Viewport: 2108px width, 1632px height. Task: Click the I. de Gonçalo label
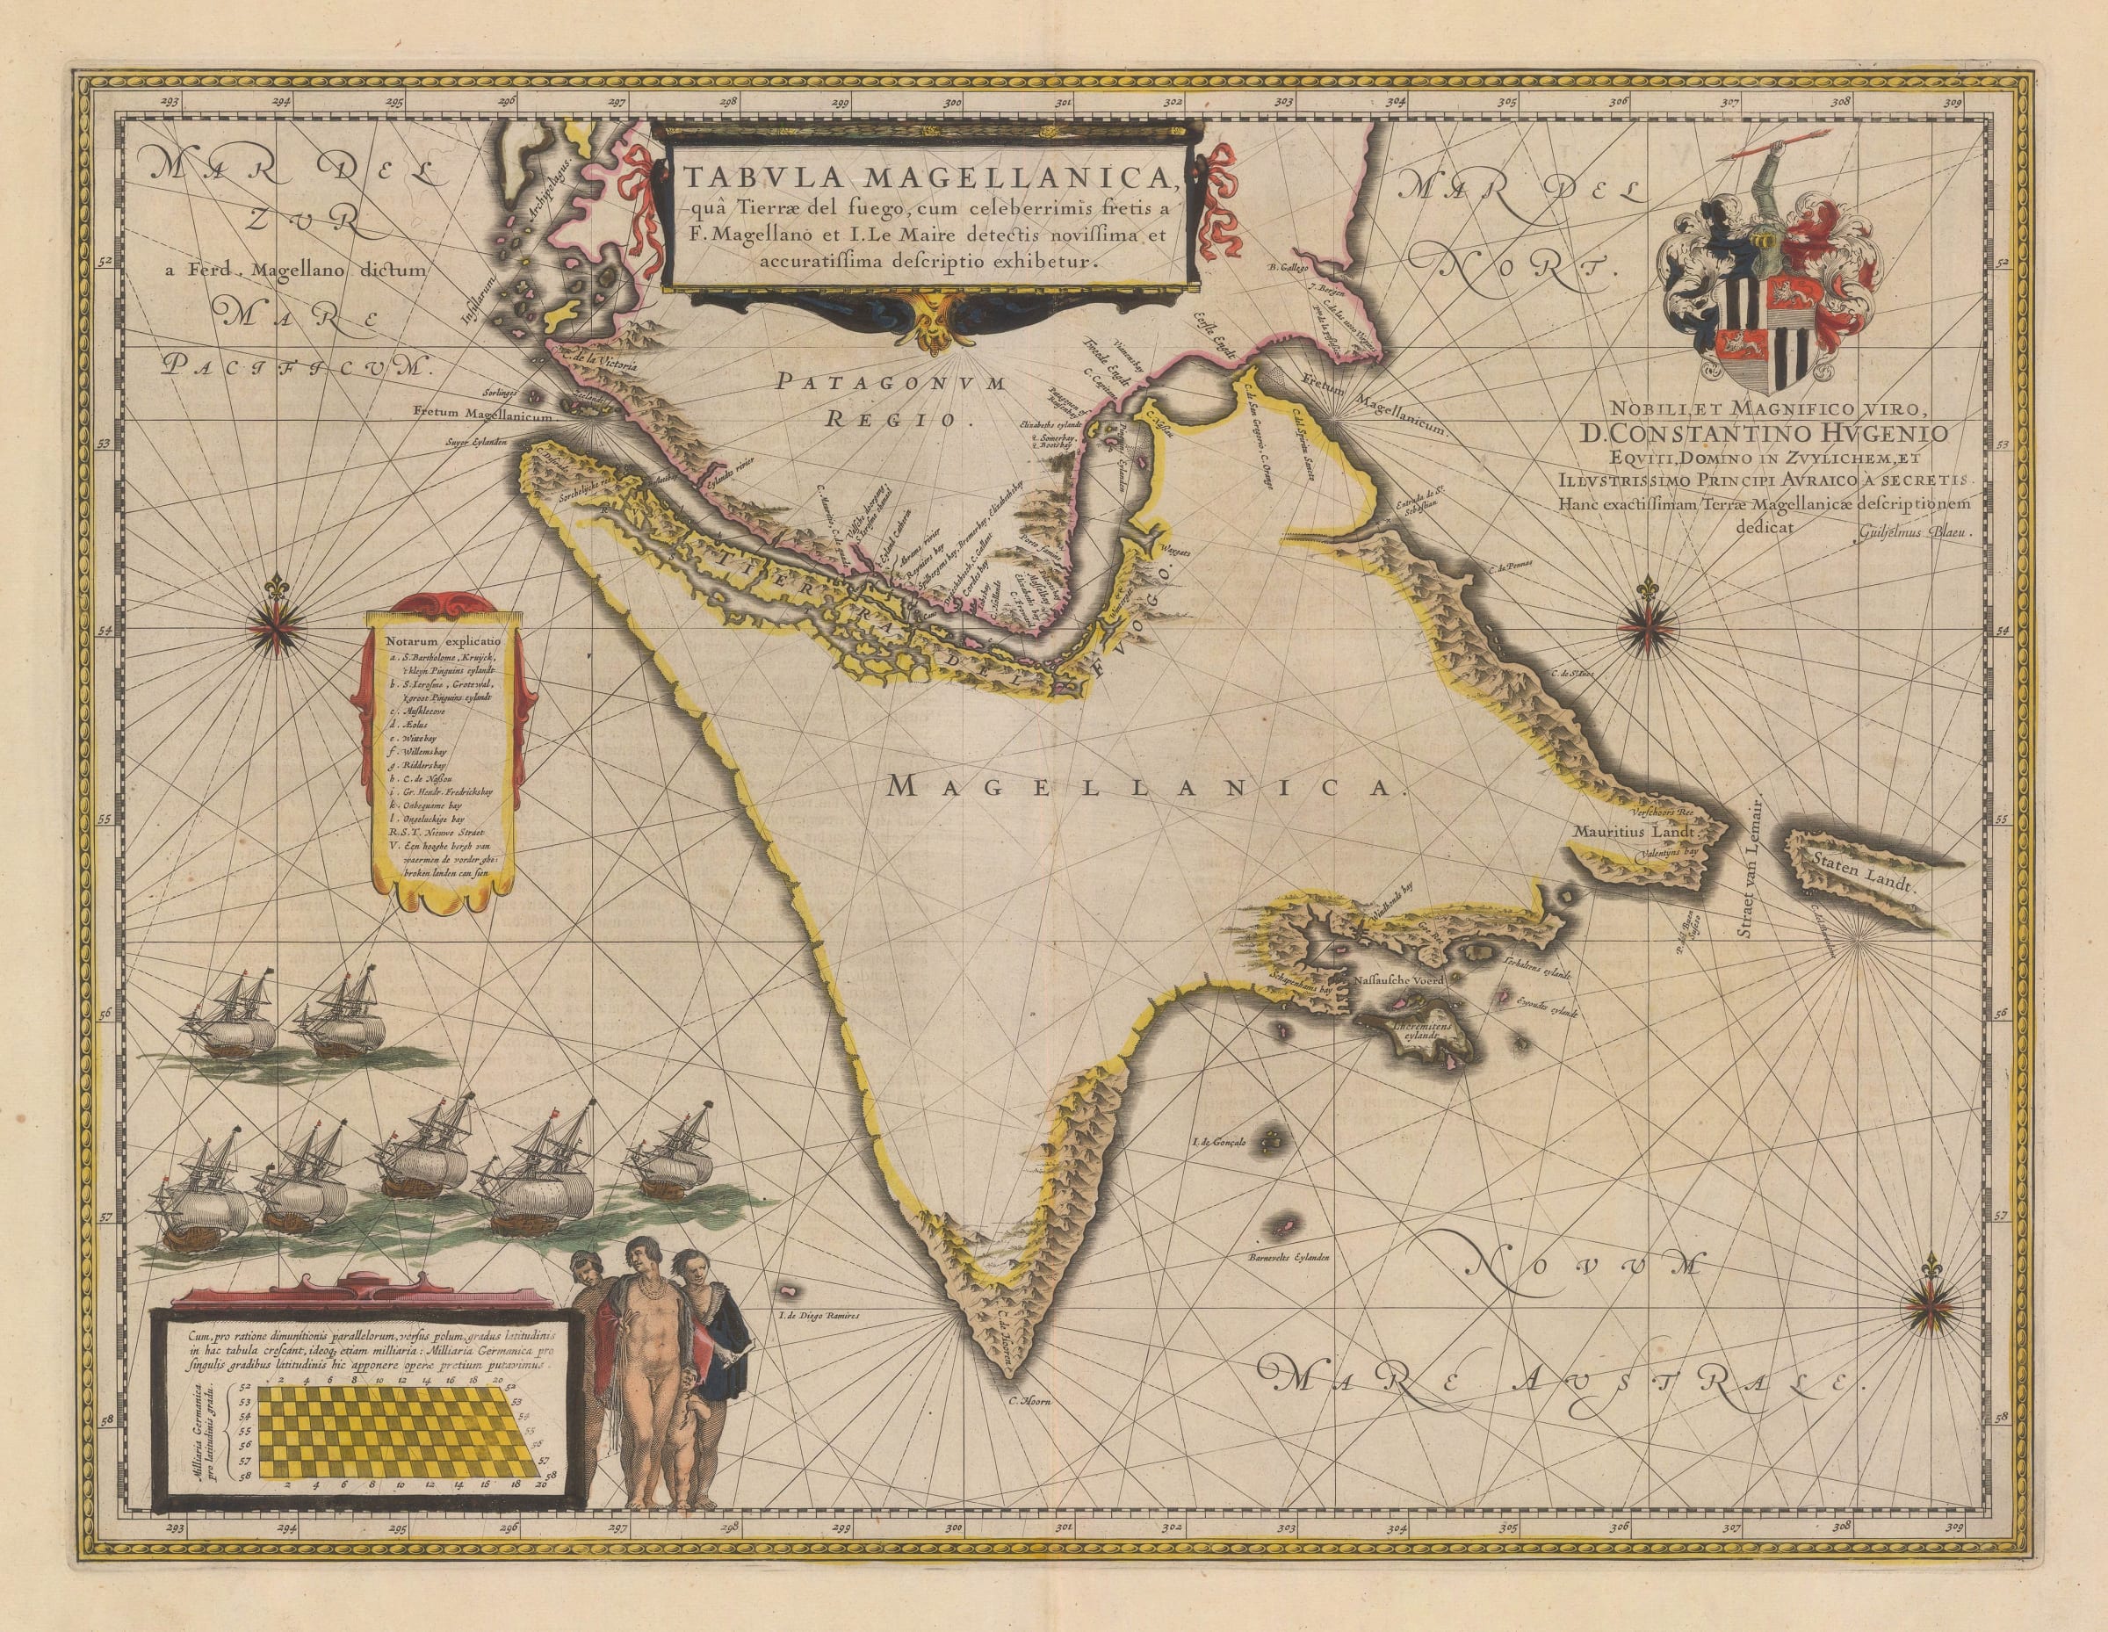click(1220, 1142)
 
